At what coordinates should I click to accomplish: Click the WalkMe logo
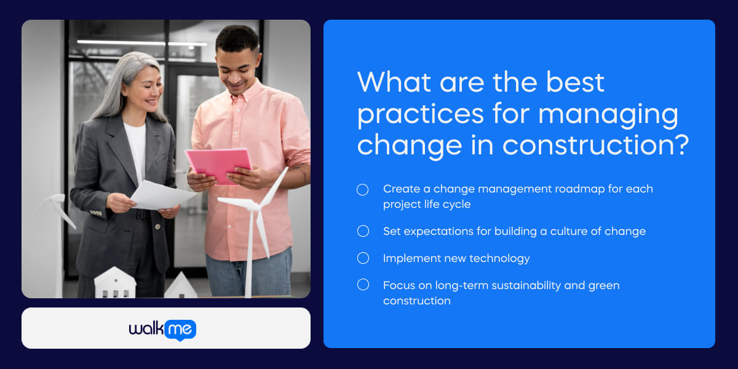(162, 329)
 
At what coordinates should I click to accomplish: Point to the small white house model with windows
(115, 284)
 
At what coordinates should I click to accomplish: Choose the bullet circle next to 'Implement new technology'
(363, 258)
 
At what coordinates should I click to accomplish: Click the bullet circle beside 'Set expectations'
(363, 231)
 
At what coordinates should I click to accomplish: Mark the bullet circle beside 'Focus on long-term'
(363, 285)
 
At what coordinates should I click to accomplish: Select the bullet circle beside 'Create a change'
(363, 189)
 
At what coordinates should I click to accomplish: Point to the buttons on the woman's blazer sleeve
(97, 213)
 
